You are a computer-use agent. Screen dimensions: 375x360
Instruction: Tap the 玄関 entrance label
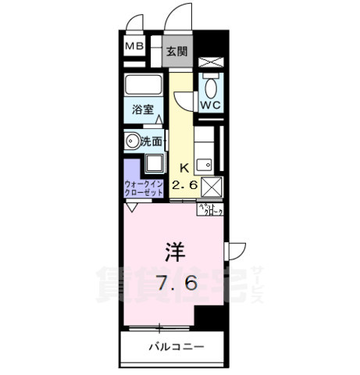tap(176, 52)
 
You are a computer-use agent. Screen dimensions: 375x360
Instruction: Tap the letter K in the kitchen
tap(185, 166)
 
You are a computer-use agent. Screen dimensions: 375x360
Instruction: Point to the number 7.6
tap(176, 282)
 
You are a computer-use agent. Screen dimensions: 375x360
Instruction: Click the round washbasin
tap(132, 141)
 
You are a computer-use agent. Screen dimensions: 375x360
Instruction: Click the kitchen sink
tap(205, 165)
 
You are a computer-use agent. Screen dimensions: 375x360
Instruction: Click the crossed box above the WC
tap(211, 62)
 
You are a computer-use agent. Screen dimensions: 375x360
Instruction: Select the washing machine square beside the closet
tap(153, 165)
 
